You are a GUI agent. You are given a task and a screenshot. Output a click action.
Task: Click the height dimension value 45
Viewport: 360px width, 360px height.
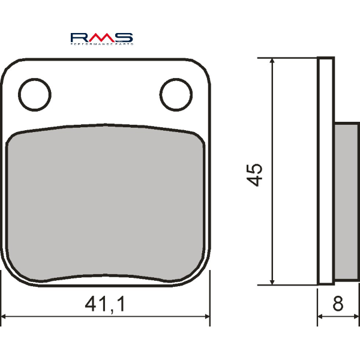coord(255,174)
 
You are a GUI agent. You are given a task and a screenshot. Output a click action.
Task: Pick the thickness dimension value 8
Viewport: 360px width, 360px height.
coord(338,305)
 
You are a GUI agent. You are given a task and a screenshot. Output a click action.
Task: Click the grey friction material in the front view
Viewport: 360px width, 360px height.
coord(105,204)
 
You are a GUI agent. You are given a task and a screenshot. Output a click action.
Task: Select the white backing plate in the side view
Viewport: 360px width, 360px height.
coord(325,171)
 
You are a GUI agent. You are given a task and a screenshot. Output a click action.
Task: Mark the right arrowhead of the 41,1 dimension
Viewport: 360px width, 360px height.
coord(206,317)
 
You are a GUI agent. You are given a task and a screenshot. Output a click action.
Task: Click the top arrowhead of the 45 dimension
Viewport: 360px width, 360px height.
coord(272,62)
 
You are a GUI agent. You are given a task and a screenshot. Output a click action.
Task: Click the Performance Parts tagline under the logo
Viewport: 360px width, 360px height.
coord(102,44)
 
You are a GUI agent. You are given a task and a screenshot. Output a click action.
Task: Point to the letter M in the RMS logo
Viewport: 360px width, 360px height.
coord(102,36)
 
